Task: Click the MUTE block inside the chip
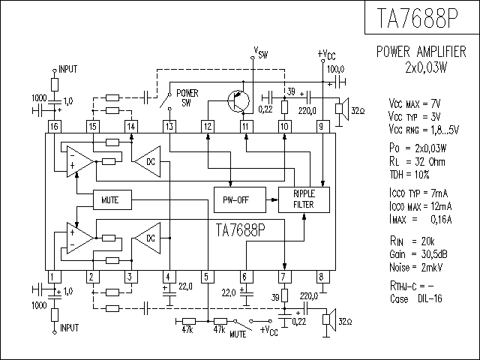112,200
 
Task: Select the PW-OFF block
240,200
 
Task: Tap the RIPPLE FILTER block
304,200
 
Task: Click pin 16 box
55,127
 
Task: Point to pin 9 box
323,127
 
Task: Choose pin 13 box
169,127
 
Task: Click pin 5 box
208,277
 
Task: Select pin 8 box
323,277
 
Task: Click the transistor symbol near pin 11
238,100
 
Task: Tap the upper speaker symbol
342,109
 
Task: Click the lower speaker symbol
329,320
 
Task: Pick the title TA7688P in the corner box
418,18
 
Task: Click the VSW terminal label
261,52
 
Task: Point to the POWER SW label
187,98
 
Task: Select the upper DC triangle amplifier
148,162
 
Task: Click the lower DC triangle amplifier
148,238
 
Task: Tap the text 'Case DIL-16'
416,298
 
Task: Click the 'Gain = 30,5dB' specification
418,254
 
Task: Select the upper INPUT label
68,69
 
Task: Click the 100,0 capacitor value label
336,69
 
